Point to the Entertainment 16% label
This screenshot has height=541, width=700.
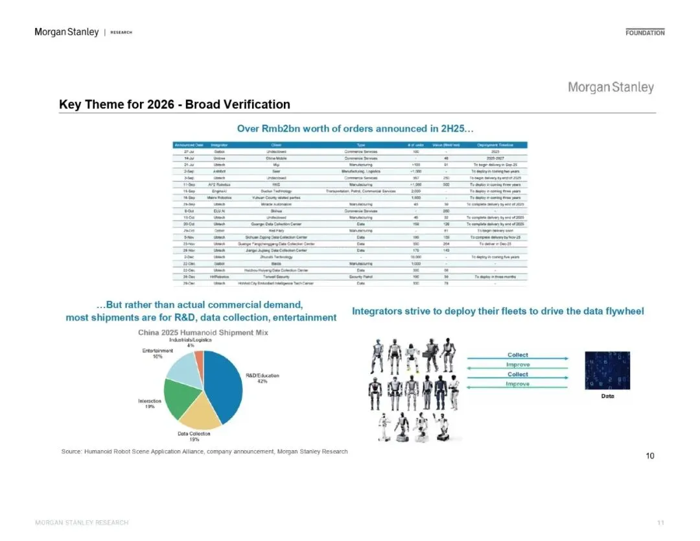(x=153, y=354)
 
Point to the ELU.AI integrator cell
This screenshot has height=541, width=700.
(x=219, y=211)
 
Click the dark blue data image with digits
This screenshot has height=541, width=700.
(x=607, y=370)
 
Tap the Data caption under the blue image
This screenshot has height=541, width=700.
(x=607, y=396)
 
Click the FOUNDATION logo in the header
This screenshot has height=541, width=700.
(x=645, y=32)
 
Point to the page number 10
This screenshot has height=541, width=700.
(x=650, y=455)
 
